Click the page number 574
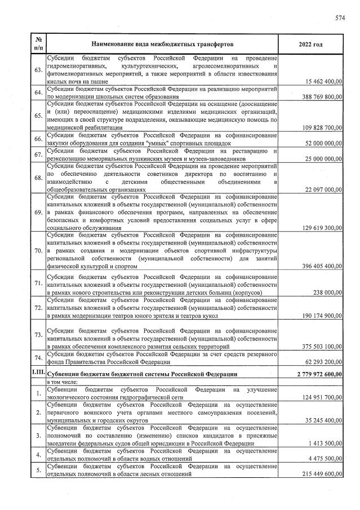pos(339,19)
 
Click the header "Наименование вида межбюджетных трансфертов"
pos(161,44)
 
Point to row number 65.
pos(38,116)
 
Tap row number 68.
pos(38,178)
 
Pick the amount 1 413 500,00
pos(324,444)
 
